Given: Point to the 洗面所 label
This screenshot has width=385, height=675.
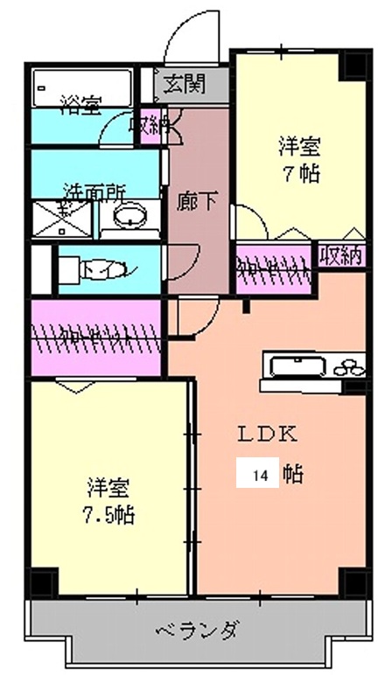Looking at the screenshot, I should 95,191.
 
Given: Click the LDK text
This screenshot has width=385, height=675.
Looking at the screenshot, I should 269,434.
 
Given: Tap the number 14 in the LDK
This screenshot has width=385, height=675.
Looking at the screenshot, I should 260,476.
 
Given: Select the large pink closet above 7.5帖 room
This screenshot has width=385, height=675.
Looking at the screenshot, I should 96,335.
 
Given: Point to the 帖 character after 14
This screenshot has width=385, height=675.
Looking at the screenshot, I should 294,476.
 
